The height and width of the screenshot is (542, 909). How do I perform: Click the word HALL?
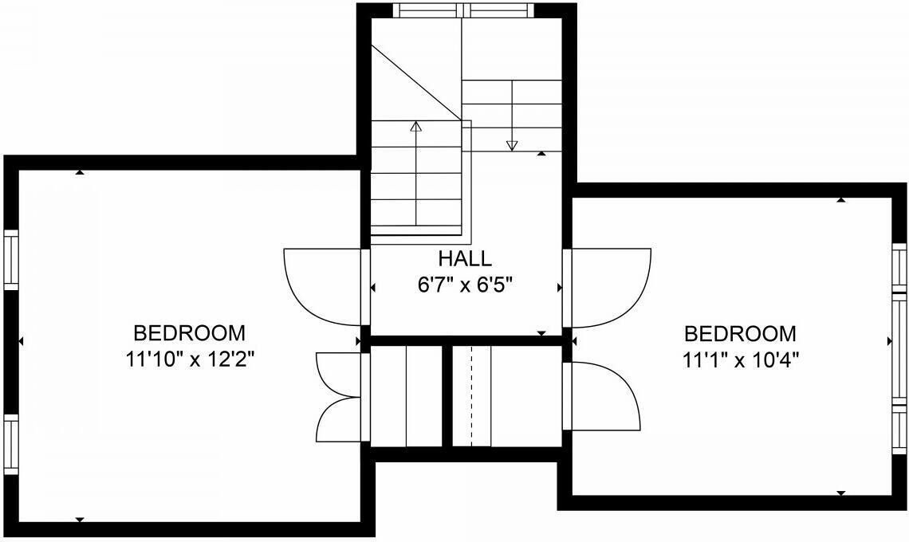tap(465, 258)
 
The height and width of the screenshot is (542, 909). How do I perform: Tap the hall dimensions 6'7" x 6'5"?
tap(465, 285)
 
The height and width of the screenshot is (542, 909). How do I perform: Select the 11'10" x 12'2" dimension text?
tap(191, 360)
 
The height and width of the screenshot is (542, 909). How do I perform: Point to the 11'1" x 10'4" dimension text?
tap(741, 360)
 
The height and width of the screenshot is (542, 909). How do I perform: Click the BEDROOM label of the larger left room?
tap(190, 333)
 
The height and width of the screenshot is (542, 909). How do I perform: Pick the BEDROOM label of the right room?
tap(740, 334)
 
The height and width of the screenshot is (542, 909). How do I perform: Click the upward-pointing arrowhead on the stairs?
tap(415, 126)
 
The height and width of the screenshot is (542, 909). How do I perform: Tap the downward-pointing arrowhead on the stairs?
tap(511, 146)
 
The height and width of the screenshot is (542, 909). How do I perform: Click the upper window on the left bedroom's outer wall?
tap(12, 259)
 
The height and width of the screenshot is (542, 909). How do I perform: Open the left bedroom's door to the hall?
tap(322, 287)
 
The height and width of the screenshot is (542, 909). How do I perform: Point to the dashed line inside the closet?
tap(471, 396)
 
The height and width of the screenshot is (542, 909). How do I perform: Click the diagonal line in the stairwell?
tap(416, 83)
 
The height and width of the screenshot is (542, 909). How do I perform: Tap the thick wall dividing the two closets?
tap(447, 396)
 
